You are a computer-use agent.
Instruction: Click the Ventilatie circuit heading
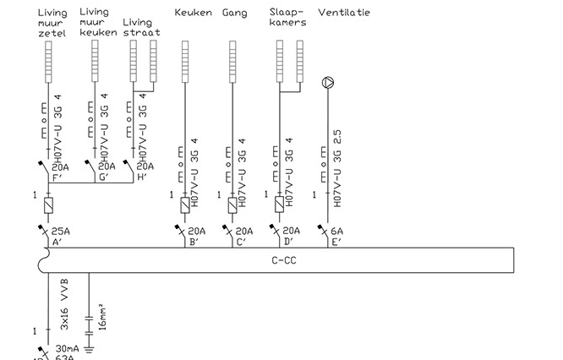[344, 14]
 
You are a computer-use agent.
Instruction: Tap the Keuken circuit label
[193, 14]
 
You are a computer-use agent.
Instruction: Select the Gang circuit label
[235, 14]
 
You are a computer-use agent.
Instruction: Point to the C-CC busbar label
[284, 260]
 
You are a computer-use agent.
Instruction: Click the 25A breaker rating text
[60, 231]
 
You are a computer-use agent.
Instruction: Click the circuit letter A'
[57, 242]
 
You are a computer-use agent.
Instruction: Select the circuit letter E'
[336, 242]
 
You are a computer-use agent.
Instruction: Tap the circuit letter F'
[57, 177]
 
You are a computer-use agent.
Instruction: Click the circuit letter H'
[142, 177]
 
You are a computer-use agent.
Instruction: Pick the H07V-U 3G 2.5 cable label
[336, 175]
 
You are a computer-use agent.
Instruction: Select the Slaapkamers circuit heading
[287, 18]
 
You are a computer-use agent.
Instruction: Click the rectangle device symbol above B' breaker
[186, 205]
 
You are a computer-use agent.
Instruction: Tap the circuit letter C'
[241, 242]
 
